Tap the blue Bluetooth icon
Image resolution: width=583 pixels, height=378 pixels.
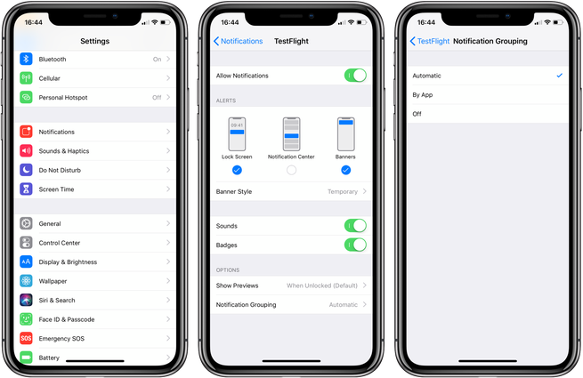[26, 59]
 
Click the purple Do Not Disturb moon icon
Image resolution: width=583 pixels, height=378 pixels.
[26, 170]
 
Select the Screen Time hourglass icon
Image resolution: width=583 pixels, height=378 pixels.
[26, 189]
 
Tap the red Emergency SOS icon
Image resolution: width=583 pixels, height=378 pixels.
[26, 338]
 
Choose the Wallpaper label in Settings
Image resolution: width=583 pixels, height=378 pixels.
[53, 281]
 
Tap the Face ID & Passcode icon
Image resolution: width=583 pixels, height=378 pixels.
[26, 319]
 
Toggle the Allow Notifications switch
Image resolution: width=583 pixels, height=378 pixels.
[355, 76]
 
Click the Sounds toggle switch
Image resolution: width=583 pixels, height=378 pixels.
[355, 226]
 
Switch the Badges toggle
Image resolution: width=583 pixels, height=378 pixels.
[355, 245]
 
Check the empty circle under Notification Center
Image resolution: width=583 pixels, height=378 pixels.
[292, 170]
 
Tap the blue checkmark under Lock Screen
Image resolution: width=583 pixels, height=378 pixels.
[237, 170]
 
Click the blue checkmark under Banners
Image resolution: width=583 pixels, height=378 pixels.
[345, 170]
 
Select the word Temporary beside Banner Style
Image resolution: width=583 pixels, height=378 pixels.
[343, 192]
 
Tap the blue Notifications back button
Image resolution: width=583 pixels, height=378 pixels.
[238, 41]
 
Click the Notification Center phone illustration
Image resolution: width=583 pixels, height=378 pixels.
[292, 133]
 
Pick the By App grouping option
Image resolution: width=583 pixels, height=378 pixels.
[423, 95]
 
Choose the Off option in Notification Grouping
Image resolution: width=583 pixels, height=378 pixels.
[417, 114]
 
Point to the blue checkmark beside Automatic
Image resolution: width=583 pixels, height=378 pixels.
[560, 76]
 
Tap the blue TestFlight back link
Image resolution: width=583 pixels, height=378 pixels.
[430, 41]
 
